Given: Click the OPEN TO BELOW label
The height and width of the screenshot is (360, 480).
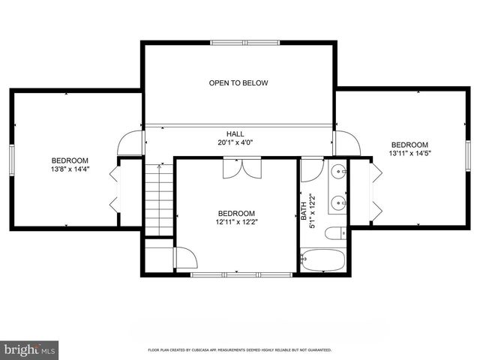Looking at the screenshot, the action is click(x=238, y=83).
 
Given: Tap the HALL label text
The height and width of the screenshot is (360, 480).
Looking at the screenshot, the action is click(x=235, y=133).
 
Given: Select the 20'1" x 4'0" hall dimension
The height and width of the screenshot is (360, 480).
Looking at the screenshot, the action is click(x=235, y=142).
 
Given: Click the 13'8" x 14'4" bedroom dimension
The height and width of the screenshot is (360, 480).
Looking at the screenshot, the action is click(x=70, y=169).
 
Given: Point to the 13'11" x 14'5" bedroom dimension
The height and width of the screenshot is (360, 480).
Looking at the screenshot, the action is click(x=410, y=153).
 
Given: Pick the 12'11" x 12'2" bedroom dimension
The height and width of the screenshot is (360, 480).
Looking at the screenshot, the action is click(x=237, y=222).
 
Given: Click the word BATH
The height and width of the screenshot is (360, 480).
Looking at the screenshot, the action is click(x=304, y=211).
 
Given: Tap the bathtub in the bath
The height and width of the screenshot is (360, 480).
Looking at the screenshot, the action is click(x=322, y=260).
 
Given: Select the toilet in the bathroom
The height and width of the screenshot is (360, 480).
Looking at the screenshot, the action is click(x=335, y=234).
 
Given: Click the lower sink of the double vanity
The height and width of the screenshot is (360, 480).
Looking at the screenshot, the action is click(x=338, y=202).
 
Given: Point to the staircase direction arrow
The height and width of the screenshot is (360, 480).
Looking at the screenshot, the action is click(x=159, y=199).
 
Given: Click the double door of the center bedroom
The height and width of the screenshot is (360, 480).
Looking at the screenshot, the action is click(x=242, y=168).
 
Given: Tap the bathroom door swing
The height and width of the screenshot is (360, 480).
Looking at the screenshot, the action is click(x=312, y=170).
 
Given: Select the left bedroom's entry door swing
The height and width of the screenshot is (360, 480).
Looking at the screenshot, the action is click(x=130, y=143).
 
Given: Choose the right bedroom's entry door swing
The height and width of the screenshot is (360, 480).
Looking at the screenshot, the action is click(x=346, y=143).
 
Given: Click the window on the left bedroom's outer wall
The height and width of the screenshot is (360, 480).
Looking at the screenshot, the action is click(x=12, y=160).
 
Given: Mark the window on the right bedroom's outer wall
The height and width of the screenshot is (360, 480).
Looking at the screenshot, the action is click(x=468, y=156).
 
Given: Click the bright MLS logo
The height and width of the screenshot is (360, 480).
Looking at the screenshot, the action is click(x=29, y=350).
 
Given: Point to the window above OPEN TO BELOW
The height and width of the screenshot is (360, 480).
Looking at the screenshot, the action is click(x=245, y=43).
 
